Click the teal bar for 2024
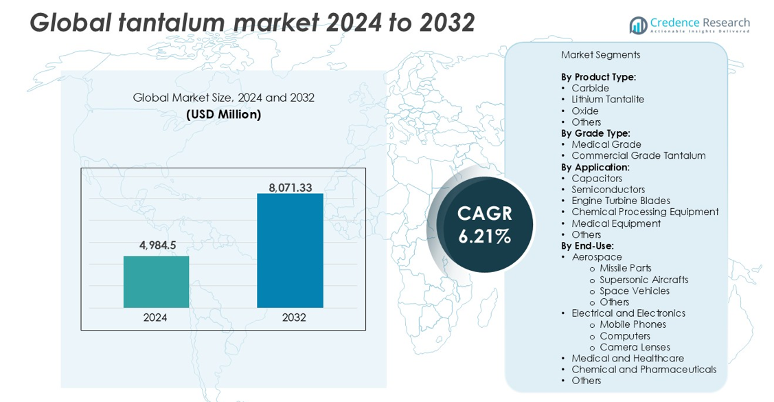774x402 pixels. pos(156,282)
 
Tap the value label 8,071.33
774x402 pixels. pos(290,186)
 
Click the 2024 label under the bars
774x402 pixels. pos(155,317)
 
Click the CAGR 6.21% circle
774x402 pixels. pos(485,225)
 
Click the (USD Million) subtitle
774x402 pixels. pos(223,114)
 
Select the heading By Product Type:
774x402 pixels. pos(598,77)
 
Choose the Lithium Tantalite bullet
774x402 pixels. pos(608,100)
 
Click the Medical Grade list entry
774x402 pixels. pos(606,144)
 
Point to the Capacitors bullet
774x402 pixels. pos(597,179)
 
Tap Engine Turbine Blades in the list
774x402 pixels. pos(621,201)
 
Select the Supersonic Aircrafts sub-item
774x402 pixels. pos(644,280)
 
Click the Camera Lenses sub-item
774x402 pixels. pos(635,347)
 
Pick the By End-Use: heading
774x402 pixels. pos(587,245)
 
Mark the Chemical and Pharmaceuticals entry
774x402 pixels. pos(644,370)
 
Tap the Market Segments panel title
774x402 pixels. pos(600,55)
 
